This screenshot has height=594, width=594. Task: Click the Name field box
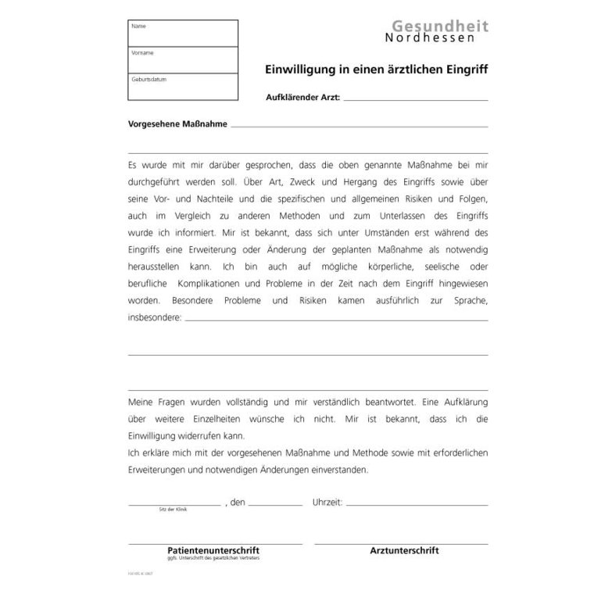click(x=182, y=34)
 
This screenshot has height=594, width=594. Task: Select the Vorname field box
click(x=182, y=60)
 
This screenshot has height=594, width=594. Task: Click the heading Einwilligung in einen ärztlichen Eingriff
click(x=377, y=69)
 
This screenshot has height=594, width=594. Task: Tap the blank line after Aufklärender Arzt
click(x=415, y=99)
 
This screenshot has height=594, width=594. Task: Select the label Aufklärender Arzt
click(x=303, y=98)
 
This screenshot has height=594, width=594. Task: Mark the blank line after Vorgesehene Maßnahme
click(x=360, y=126)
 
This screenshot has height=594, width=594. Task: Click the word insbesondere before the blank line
click(x=154, y=318)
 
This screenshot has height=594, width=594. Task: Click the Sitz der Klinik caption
click(x=173, y=509)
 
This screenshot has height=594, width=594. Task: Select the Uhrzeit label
click(x=327, y=502)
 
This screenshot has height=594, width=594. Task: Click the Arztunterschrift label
click(x=404, y=550)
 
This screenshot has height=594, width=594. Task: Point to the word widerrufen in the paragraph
click(x=202, y=435)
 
